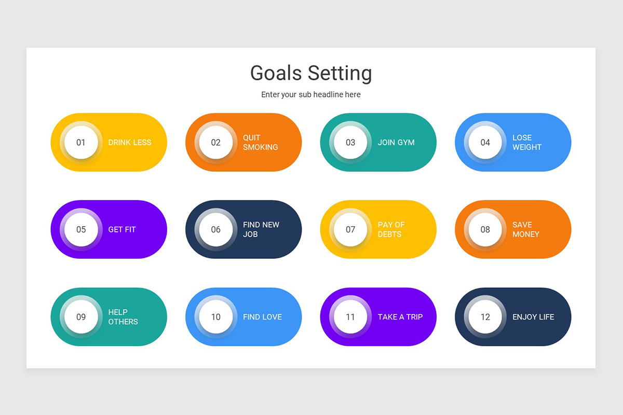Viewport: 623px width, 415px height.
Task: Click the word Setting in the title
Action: point(340,73)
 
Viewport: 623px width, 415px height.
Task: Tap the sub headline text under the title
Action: point(310,94)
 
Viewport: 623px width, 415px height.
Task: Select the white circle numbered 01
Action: point(81,142)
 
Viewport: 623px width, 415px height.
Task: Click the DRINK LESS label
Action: point(130,142)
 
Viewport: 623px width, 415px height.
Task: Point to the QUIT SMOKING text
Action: point(260,142)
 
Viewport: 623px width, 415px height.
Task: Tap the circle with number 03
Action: point(350,142)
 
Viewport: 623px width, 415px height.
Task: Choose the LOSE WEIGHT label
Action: point(526,142)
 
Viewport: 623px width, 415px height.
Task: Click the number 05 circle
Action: point(81,229)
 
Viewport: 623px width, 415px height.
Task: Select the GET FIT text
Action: point(122,229)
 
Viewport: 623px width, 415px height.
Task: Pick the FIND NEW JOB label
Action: point(261,229)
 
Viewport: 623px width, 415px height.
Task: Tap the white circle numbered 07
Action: point(350,229)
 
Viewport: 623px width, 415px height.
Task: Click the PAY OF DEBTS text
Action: point(391,229)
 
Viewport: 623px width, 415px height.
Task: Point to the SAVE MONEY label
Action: point(525,229)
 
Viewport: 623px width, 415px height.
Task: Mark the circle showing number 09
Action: point(81,316)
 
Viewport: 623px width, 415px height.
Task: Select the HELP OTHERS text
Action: point(123,316)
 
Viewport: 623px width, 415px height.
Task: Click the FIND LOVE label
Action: point(262,316)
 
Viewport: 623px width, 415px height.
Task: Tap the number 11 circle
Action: point(350,316)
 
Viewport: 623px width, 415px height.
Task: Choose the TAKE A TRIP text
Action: point(400,316)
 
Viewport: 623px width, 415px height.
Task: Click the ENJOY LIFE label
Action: point(533,316)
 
